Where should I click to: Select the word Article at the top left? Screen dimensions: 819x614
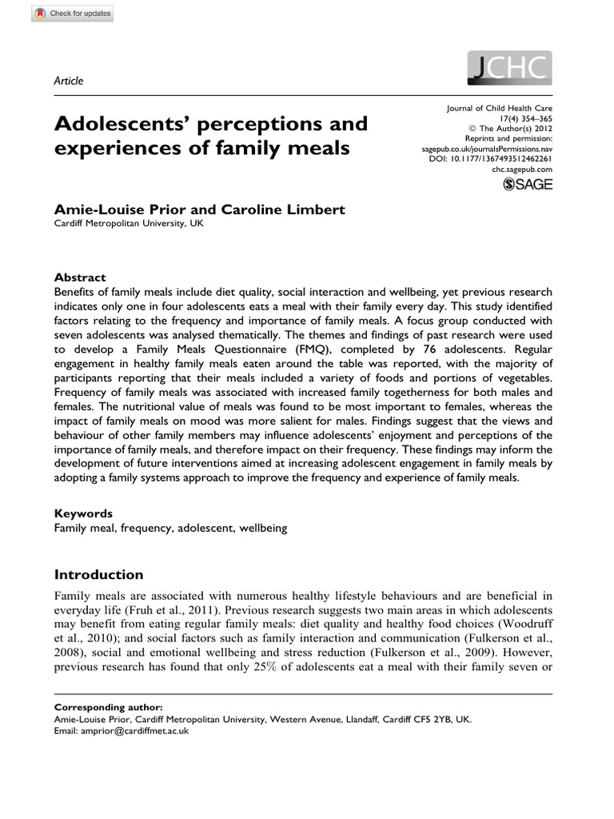[68, 80]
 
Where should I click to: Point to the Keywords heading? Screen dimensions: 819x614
[82, 513]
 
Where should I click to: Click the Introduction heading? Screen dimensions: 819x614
[98, 574]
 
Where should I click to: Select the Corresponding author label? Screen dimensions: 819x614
[108, 708]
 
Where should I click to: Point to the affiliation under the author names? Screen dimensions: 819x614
[129, 224]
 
